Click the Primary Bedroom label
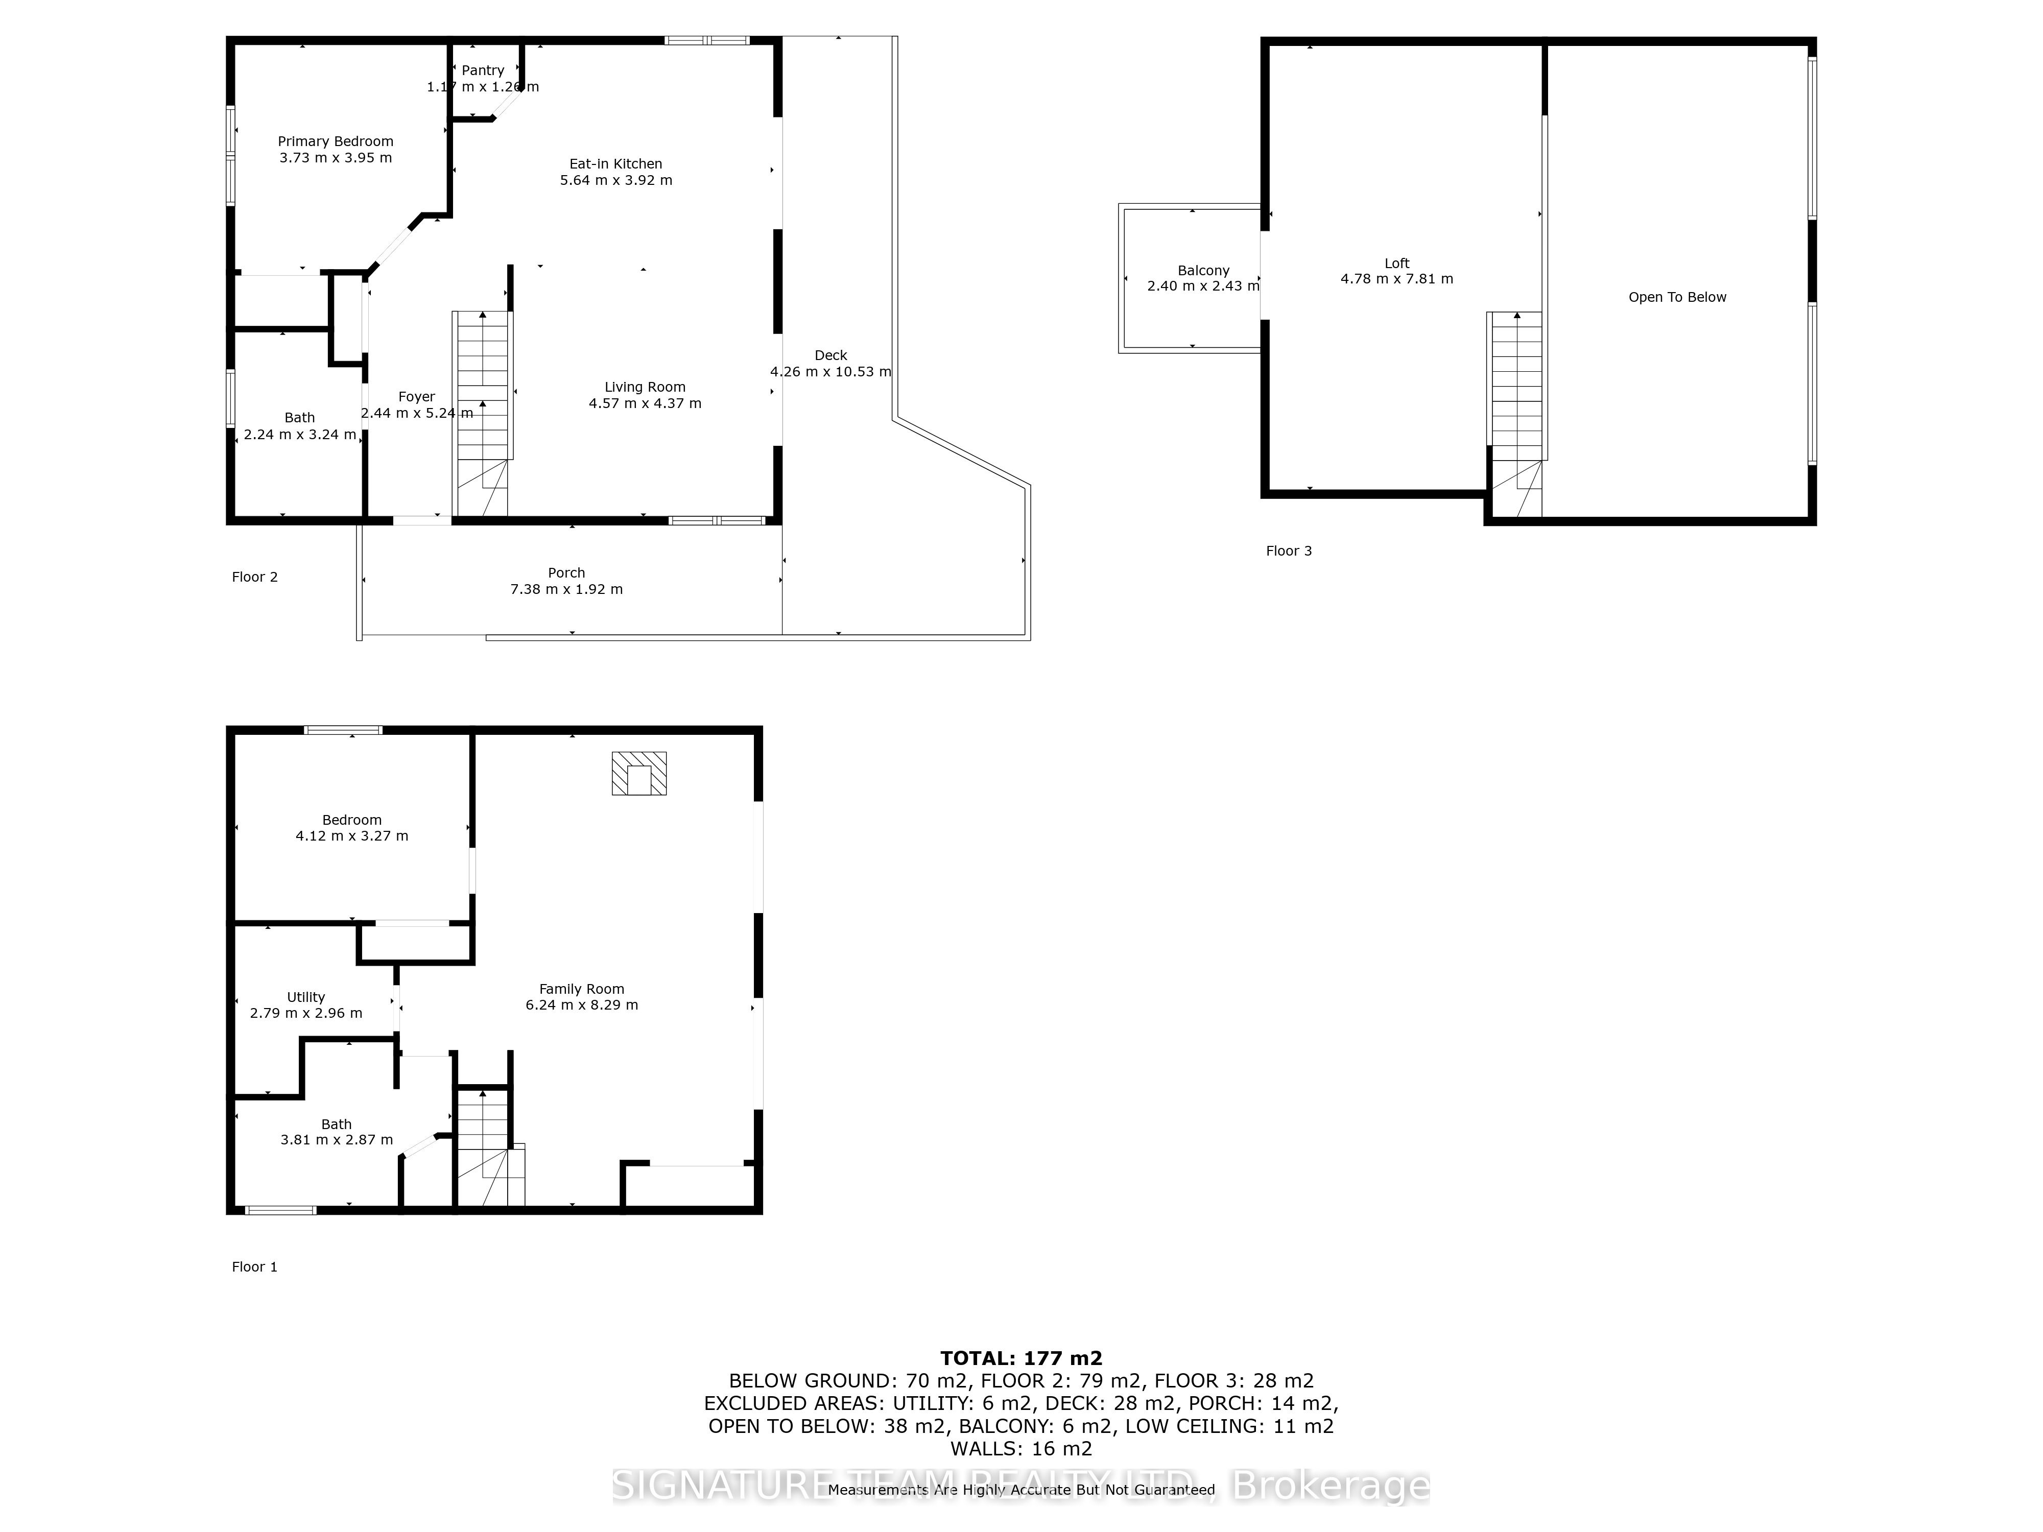(x=335, y=141)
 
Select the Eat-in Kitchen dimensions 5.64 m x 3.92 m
(x=616, y=180)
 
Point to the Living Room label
(x=645, y=387)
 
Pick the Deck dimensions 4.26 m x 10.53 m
(x=830, y=371)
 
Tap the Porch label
(x=566, y=572)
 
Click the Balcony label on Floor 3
(x=1203, y=271)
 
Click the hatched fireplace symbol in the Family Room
(x=638, y=773)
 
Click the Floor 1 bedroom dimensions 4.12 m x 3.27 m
(x=352, y=836)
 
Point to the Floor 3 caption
(x=1289, y=552)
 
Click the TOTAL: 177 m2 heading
(x=1020, y=1358)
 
